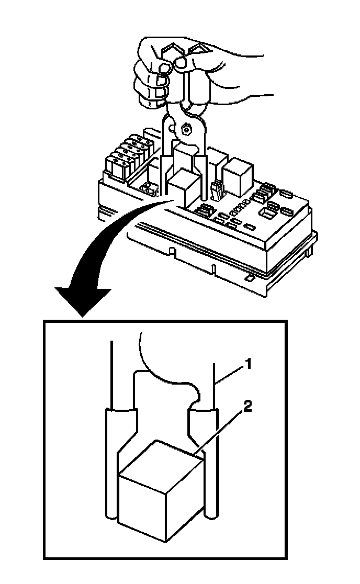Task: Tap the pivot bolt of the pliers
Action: click(x=186, y=128)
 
